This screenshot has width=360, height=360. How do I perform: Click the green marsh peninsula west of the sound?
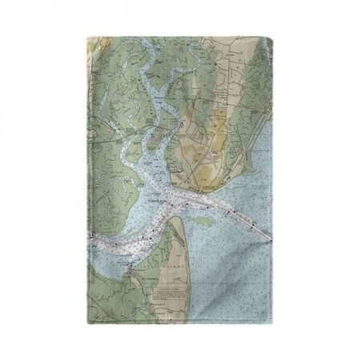[120, 184]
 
